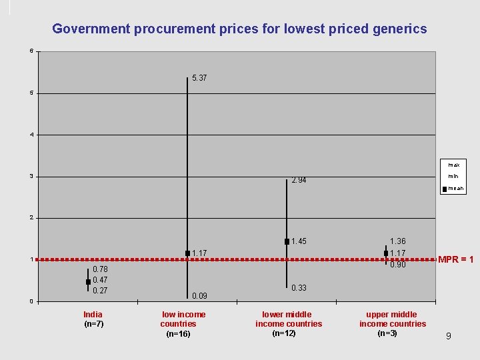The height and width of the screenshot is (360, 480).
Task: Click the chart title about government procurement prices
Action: pos(239,29)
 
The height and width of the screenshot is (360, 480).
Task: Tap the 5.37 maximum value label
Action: pos(199,78)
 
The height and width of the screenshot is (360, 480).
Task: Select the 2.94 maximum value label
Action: pos(299,180)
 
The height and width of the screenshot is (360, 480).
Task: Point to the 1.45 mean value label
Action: pos(299,241)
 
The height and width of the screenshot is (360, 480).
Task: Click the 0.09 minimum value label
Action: pos(199,295)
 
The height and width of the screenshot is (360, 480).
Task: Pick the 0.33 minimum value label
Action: pos(299,288)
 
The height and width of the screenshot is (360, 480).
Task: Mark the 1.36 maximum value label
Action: pos(397,241)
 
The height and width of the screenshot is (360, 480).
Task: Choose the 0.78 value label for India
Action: pos(100,269)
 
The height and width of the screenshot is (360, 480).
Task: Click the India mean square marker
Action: pos(88,282)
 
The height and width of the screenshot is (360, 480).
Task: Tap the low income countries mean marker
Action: pos(187,253)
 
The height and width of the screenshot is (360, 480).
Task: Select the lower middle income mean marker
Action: pos(287,241)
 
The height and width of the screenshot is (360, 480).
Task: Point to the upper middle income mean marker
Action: pos(386,253)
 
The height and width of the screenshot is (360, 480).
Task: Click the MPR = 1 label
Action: pos(455,259)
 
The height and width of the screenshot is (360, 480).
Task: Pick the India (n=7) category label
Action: pos(93,319)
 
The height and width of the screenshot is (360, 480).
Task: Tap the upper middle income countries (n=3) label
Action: pos(392,324)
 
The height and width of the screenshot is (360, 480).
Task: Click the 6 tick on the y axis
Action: pos(31,51)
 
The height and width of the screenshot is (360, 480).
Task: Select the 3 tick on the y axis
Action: pos(31,176)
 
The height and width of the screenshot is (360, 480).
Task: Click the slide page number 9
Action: pos(448,336)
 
